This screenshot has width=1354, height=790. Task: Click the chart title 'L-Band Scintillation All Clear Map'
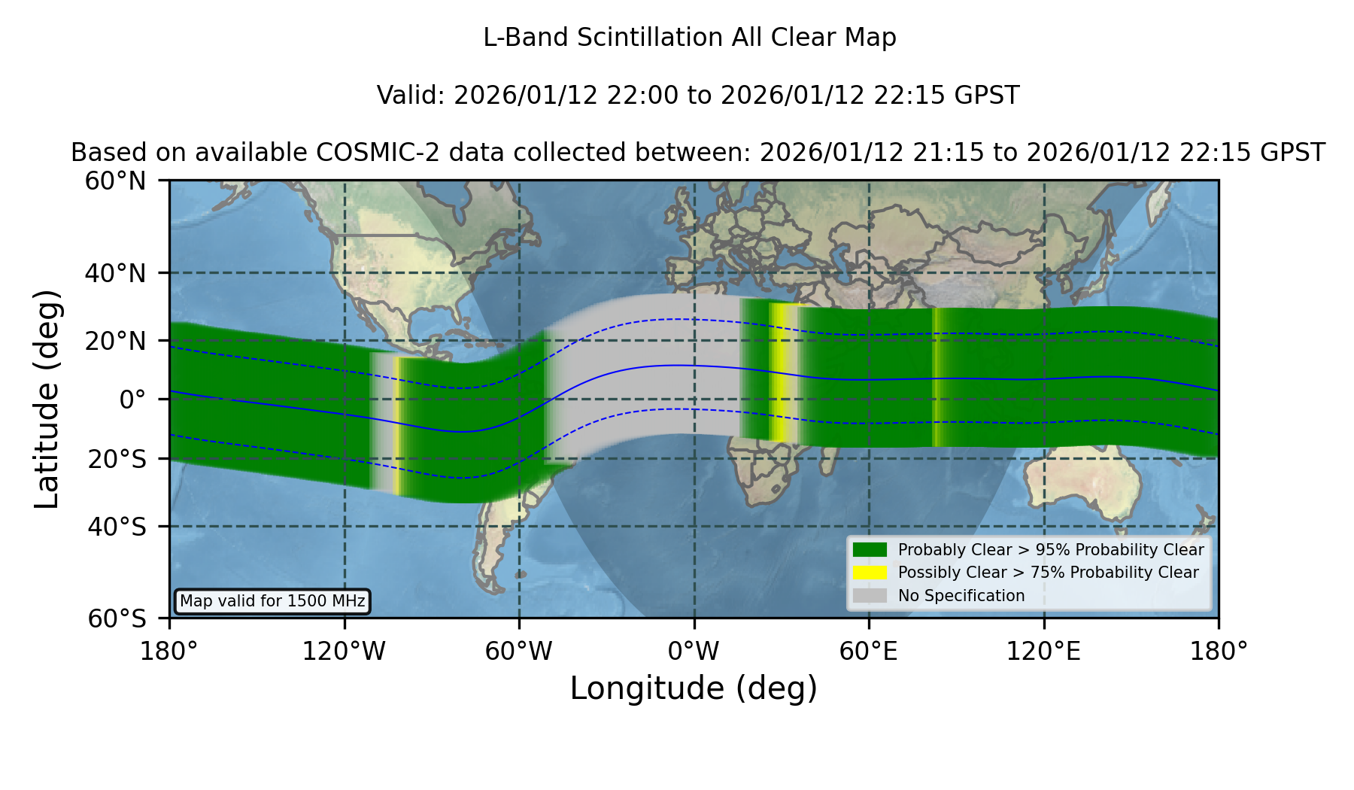tap(690, 38)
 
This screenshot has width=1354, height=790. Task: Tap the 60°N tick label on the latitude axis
tap(116, 181)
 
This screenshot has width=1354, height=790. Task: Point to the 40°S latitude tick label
tap(117, 527)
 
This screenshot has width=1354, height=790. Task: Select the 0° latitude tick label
tap(132, 400)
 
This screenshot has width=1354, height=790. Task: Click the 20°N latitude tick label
tap(116, 342)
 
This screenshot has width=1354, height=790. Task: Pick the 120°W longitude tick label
tap(344, 652)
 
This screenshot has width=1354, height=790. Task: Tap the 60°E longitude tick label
tap(869, 652)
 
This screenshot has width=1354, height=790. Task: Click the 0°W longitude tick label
tap(694, 652)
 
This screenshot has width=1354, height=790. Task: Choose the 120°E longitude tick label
tap(1043, 652)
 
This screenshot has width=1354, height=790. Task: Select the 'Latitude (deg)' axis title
tap(47, 399)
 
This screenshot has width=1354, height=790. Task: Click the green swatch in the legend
tap(870, 550)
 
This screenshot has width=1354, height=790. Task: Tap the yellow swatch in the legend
tap(870, 573)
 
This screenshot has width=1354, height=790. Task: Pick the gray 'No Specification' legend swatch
tap(870, 596)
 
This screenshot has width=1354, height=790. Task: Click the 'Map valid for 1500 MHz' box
tap(272, 601)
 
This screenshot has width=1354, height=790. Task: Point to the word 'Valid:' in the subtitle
tap(411, 96)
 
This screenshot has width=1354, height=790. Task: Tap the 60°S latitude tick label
tap(117, 618)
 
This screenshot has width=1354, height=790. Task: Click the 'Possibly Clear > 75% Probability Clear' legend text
tap(1048, 573)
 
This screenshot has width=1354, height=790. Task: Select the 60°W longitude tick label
tap(519, 652)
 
